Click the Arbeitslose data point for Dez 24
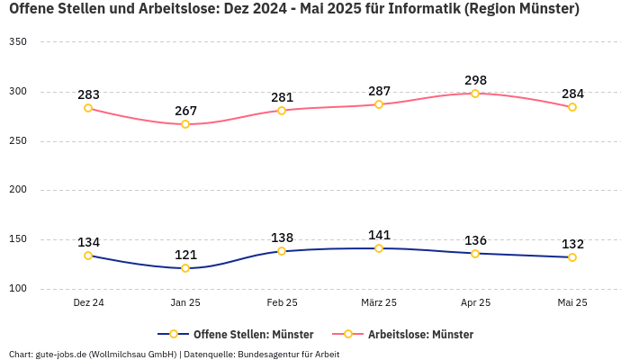(88, 108)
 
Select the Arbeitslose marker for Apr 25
(475, 94)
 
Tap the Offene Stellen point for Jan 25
(185, 268)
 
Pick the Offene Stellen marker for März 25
(379, 248)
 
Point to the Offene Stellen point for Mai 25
(572, 257)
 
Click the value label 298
(475, 80)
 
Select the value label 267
(185, 111)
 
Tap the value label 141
(379, 235)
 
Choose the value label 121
(185, 255)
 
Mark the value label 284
(572, 94)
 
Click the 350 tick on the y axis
(17, 42)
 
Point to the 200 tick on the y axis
(17, 190)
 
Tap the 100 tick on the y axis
(17, 289)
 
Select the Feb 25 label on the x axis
(282, 303)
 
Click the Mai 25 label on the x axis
(572, 303)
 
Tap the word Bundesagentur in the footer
(269, 355)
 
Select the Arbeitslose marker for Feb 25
(282, 111)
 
